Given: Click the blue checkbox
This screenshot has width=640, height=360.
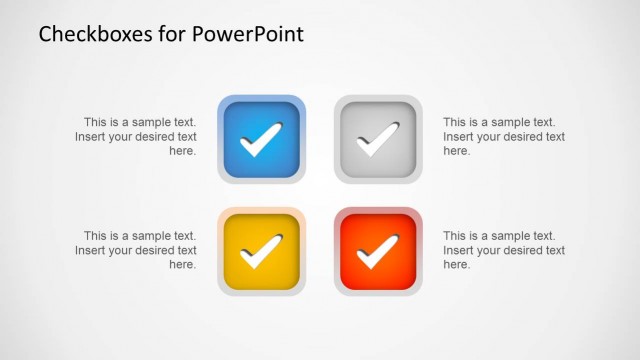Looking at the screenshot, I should pyautogui.click(x=262, y=139).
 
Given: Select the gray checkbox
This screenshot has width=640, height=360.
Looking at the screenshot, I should pyautogui.click(x=378, y=139).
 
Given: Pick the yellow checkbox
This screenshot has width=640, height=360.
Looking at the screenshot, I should pyautogui.click(x=262, y=252).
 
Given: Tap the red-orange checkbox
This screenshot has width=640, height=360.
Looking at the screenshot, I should pyautogui.click(x=378, y=252).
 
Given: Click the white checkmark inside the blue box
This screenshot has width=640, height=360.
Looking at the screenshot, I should pyautogui.click(x=261, y=140).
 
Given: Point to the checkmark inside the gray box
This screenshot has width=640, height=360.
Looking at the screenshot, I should pyautogui.click(x=377, y=140).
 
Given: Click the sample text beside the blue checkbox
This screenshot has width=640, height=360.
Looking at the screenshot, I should pyautogui.click(x=137, y=137).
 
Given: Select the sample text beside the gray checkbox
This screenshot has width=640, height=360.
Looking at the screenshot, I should pyautogui.click(x=503, y=137).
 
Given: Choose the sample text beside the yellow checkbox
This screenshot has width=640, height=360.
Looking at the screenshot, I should pyautogui.click(x=137, y=250).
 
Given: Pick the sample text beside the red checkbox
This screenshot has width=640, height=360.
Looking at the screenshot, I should pyautogui.click(x=503, y=250).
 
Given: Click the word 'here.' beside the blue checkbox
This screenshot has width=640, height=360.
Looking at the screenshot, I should pyautogui.click(x=182, y=151).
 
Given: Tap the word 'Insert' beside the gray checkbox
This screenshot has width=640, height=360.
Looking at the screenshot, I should pyautogui.click(x=459, y=137).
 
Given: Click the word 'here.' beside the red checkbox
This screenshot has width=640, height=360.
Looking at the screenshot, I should pyautogui.click(x=456, y=265).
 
